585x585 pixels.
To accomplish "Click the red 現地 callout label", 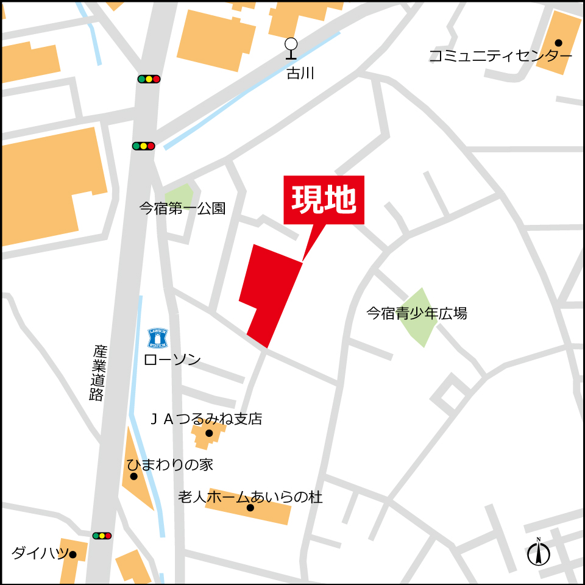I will click(x=324, y=200).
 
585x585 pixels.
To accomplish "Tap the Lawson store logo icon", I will click(x=158, y=337).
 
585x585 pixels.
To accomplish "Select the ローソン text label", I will click(x=172, y=360).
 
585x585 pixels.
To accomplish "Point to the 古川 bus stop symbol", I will click(x=291, y=49).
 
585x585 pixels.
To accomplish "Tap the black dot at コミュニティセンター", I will click(x=558, y=43).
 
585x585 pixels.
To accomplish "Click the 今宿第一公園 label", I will click(x=182, y=208).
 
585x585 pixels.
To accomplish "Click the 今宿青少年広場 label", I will click(x=416, y=313).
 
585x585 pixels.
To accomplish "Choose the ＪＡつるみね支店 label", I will click(x=206, y=419).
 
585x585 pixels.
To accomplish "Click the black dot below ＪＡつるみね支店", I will click(x=209, y=433).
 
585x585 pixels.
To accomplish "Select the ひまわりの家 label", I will click(x=170, y=464).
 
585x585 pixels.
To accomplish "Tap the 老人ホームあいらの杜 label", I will click(x=250, y=497).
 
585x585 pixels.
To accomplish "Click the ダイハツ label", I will click(x=39, y=553).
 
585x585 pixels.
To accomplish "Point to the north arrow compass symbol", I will click(x=539, y=553).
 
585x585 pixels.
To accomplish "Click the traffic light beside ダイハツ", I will click(x=102, y=536).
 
